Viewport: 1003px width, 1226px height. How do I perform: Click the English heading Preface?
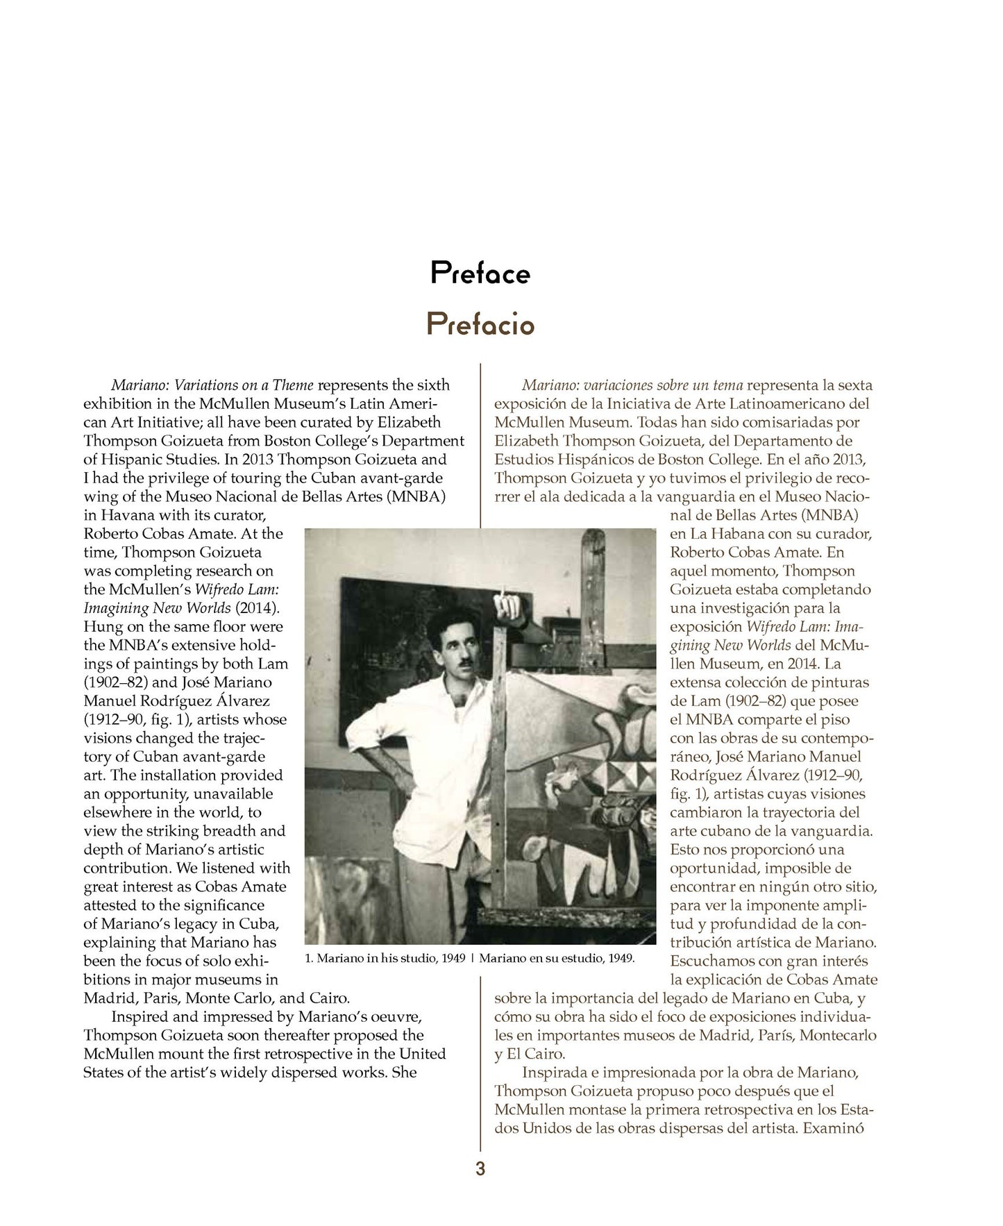[480, 273]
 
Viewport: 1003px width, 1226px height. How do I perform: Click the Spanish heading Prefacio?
[480, 324]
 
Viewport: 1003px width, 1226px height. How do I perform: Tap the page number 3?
[480, 1169]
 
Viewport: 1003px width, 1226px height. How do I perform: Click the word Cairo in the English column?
[327, 998]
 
